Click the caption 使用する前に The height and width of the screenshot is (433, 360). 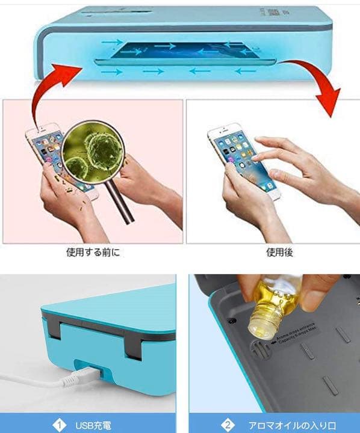click(x=93, y=253)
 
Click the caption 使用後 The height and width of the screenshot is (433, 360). click(x=279, y=253)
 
